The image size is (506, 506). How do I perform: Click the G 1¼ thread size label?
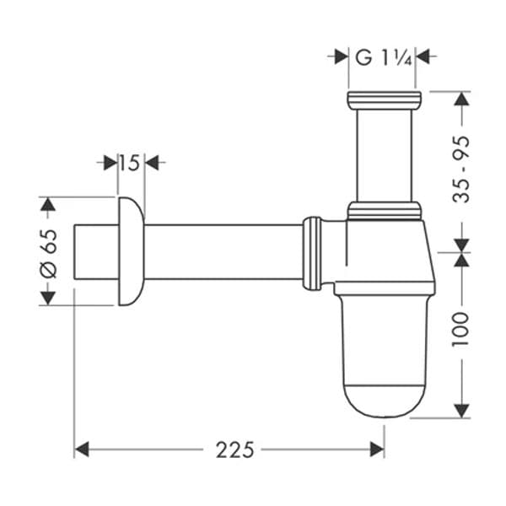coord(383,58)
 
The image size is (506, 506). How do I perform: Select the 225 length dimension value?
coord(235,449)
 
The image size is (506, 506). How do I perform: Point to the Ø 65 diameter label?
coord(50,253)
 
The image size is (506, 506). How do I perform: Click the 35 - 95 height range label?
coord(460,170)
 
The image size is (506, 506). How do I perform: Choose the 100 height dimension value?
coord(460,330)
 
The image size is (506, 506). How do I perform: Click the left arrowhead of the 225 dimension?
coord(82,449)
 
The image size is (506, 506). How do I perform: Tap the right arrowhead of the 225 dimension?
coord(377,449)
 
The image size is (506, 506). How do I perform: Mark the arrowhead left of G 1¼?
coord(342,57)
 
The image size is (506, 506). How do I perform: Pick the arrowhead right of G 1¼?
coord(423,57)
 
